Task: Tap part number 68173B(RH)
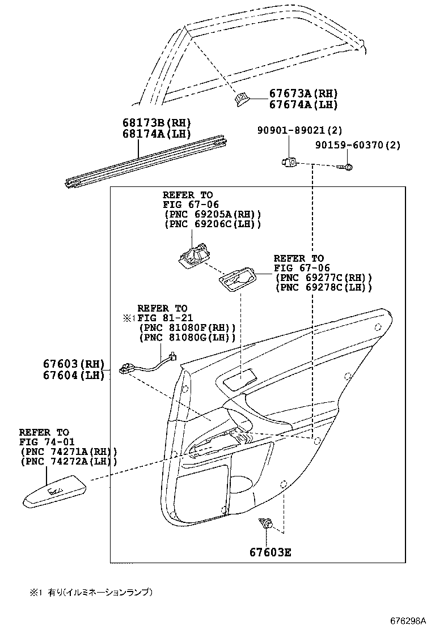pyautogui.click(x=156, y=122)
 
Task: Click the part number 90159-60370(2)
pyautogui.click(x=357, y=145)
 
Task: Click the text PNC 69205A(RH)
pyautogui.click(x=213, y=214)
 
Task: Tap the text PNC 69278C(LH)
pyautogui.click(x=323, y=288)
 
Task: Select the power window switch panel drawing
pyautogui.click(x=55, y=493)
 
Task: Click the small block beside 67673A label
pyautogui.click(x=241, y=100)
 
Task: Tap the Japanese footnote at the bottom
pyautogui.click(x=91, y=593)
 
